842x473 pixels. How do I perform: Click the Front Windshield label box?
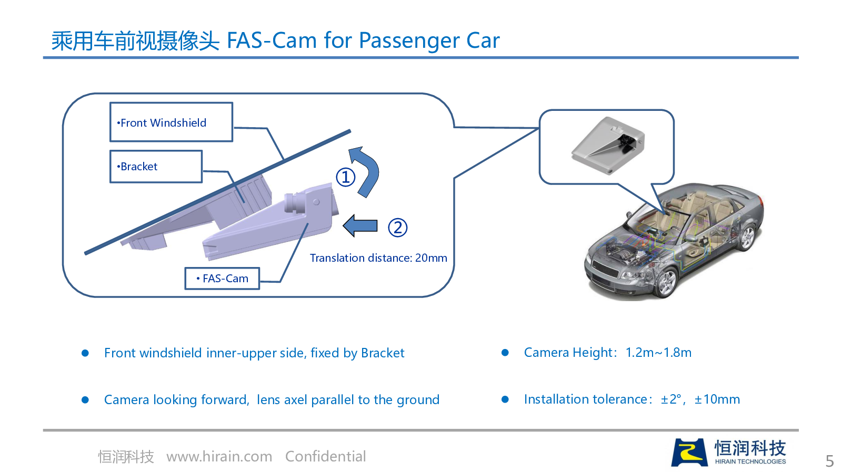(x=171, y=122)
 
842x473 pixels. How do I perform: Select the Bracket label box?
(x=156, y=166)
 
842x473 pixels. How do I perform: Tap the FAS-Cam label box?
(x=222, y=278)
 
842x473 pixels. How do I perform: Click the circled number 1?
(x=345, y=177)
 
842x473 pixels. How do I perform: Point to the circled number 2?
(x=397, y=227)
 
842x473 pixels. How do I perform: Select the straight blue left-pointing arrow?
(x=360, y=225)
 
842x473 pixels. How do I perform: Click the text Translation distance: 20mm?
(x=378, y=258)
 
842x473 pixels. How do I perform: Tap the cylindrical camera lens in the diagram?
(x=295, y=203)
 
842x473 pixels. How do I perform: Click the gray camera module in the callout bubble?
(x=608, y=146)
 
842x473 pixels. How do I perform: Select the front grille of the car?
(x=605, y=268)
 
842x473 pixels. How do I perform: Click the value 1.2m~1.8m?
(x=658, y=353)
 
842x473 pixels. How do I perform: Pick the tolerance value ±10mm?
(x=717, y=399)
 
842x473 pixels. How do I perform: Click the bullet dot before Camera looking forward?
(x=85, y=400)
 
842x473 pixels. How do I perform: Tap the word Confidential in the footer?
(x=326, y=457)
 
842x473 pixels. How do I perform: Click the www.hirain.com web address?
(x=219, y=457)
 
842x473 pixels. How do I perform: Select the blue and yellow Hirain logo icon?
(x=689, y=452)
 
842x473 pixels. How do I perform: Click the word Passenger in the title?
(x=409, y=40)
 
